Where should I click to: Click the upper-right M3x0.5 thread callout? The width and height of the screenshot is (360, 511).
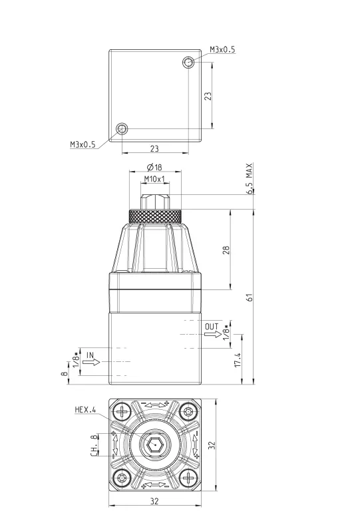click(x=222, y=49)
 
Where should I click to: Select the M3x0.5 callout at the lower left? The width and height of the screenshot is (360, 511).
click(x=83, y=144)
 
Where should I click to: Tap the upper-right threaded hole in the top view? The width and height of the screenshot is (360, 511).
click(x=188, y=63)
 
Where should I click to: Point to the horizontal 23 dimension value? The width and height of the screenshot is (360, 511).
click(x=154, y=148)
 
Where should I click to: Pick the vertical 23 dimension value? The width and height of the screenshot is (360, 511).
click(x=208, y=96)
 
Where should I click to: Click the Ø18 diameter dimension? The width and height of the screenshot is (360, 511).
click(x=154, y=168)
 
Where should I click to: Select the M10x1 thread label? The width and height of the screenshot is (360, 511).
click(x=155, y=179)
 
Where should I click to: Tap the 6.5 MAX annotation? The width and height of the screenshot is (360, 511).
click(x=250, y=178)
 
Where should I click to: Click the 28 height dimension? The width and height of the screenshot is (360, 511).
click(x=226, y=250)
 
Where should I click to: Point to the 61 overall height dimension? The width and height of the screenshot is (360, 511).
click(x=250, y=297)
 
